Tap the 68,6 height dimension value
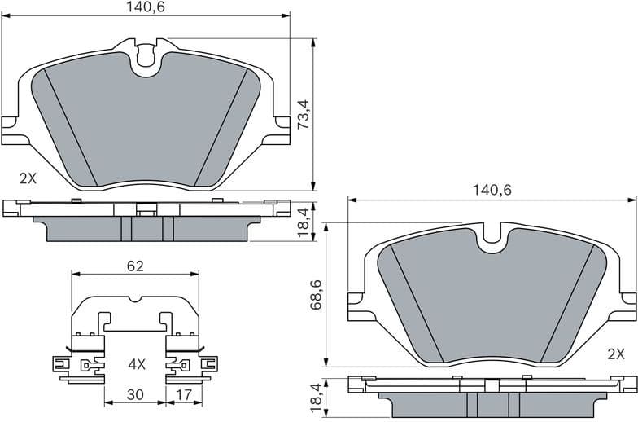(x=317, y=294)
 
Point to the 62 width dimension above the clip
(x=135, y=266)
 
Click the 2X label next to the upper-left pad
(x=28, y=178)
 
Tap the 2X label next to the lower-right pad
(x=615, y=354)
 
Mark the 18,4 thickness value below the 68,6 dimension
(x=317, y=398)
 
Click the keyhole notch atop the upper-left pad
(x=146, y=55)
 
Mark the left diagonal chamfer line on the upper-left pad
(x=70, y=126)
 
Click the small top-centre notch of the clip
(x=135, y=299)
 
